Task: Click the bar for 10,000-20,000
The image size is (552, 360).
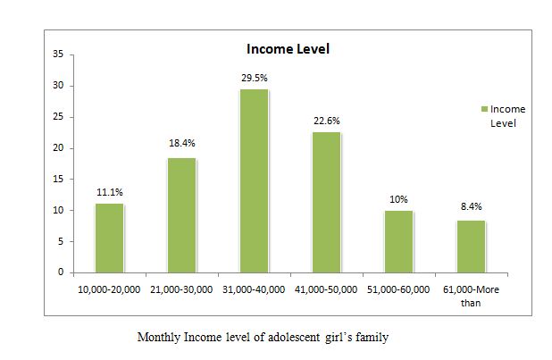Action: [x=109, y=238]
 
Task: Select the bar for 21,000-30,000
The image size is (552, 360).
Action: [x=181, y=214]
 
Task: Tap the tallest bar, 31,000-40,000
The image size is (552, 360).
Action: [x=254, y=180]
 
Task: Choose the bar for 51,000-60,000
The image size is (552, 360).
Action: [x=398, y=241]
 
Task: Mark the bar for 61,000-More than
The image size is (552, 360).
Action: [x=471, y=246]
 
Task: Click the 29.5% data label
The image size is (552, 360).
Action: [x=255, y=78]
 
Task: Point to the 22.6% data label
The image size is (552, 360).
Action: [x=327, y=121]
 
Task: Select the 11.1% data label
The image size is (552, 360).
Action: [x=110, y=191]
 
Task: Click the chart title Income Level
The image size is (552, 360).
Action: [x=288, y=49]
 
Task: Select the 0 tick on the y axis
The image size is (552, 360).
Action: [x=60, y=272]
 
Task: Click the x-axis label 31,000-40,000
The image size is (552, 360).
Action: [x=254, y=289]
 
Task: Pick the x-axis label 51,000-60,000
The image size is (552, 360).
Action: [x=398, y=289]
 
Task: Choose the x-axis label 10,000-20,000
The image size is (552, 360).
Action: [x=109, y=289]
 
